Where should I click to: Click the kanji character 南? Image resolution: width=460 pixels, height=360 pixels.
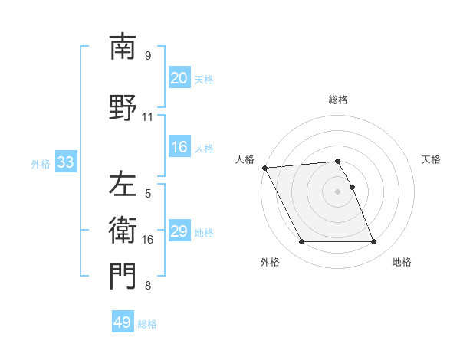[123, 47]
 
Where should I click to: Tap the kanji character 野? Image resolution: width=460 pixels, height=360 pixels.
[123, 108]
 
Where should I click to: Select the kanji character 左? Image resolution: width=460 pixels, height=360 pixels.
[123, 185]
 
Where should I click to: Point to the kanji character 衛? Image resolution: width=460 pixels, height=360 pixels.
[123, 231]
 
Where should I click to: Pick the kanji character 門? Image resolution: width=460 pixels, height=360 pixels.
[123, 277]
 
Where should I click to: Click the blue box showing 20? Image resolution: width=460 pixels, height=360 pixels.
[179, 78]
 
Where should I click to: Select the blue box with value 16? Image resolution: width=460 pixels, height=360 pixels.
[179, 147]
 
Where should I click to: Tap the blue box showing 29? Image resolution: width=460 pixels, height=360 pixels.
[179, 231]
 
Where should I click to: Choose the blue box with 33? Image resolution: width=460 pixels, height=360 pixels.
[65, 162]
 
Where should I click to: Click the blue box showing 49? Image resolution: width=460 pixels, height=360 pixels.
[123, 322]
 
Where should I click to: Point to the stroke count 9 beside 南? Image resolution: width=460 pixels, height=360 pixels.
[148, 56]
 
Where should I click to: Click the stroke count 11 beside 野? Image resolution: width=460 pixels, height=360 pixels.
[148, 117]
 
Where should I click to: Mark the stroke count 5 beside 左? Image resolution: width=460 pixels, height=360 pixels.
[148, 194]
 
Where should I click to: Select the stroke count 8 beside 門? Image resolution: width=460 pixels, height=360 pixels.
[148, 286]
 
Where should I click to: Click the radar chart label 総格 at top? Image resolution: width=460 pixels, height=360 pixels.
[338, 100]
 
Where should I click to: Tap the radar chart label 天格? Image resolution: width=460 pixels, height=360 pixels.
[432, 159]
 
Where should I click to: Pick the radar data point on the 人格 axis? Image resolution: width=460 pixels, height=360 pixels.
[264, 168]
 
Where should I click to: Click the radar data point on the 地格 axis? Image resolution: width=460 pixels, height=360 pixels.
[374, 242]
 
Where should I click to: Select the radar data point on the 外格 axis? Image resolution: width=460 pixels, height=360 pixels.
[301, 242]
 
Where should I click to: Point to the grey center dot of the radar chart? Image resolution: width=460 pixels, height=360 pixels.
[338, 191]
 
